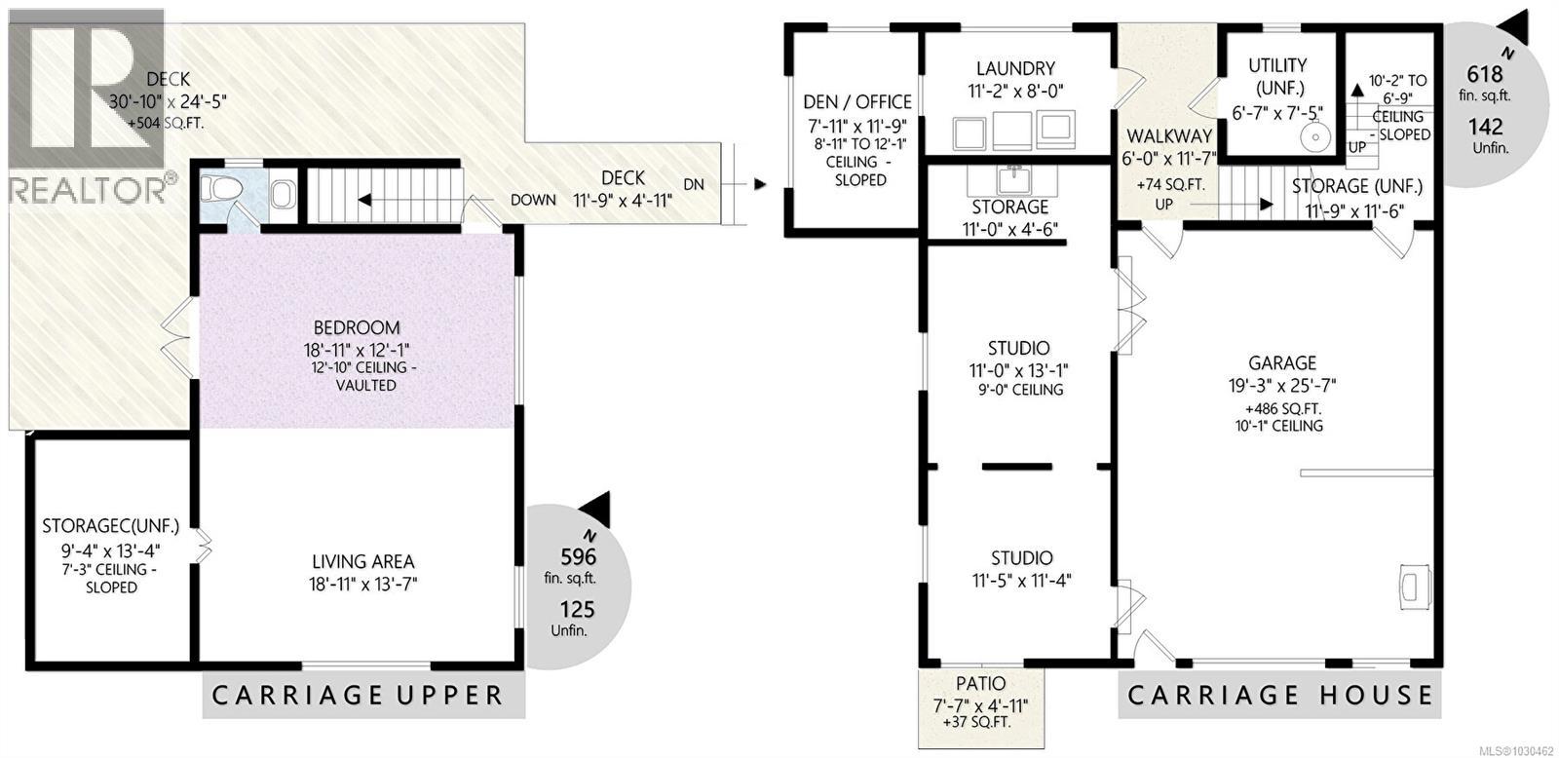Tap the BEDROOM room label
[357, 327]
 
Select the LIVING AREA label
[362, 561]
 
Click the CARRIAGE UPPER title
[358, 696]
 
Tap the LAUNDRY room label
[1015, 68]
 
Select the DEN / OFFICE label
[857, 101]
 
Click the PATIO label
[981, 684]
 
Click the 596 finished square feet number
[577, 557]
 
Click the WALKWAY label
[1169, 135]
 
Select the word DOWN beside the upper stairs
[533, 200]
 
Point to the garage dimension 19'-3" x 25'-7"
[1281, 386]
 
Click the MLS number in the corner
[1514, 750]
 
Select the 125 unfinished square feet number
[576, 610]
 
